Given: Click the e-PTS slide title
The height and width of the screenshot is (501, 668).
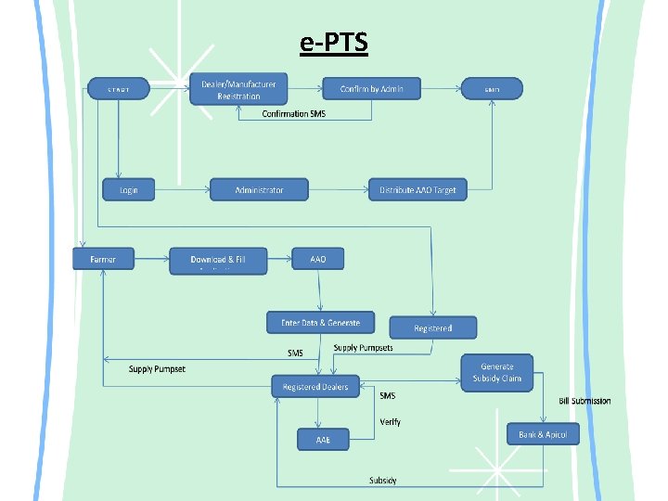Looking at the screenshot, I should point(334,43).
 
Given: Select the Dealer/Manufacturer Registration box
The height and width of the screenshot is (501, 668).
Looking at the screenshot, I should point(238,89).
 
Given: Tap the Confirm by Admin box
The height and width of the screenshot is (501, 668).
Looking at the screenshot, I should point(371,88).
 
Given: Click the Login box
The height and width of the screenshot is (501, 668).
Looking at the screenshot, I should point(128,190).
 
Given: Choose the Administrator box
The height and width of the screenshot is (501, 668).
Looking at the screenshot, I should point(259,190).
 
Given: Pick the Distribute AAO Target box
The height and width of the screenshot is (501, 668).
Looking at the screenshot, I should point(417,190).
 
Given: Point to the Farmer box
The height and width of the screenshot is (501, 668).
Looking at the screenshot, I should point(103,260).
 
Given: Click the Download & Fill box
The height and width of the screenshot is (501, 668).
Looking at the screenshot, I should point(218,261).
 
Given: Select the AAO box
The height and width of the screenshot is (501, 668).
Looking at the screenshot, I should point(318,260).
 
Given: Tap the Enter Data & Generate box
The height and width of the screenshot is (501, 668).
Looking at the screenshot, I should point(320,322).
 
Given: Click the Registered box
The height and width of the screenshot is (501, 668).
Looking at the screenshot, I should point(433,328).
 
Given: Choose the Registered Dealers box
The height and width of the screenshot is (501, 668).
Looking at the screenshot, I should point(315,386).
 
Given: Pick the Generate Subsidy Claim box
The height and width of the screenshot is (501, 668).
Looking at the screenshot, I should point(501,372).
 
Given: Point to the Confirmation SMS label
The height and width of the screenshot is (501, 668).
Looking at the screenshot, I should point(293,114).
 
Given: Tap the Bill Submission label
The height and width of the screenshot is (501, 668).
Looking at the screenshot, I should point(584,401).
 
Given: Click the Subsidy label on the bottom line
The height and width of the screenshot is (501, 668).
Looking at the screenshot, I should point(383,480).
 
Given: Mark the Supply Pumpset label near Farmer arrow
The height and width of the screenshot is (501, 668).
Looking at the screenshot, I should point(157,369).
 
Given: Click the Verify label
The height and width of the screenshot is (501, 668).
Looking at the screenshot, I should point(391,422).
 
